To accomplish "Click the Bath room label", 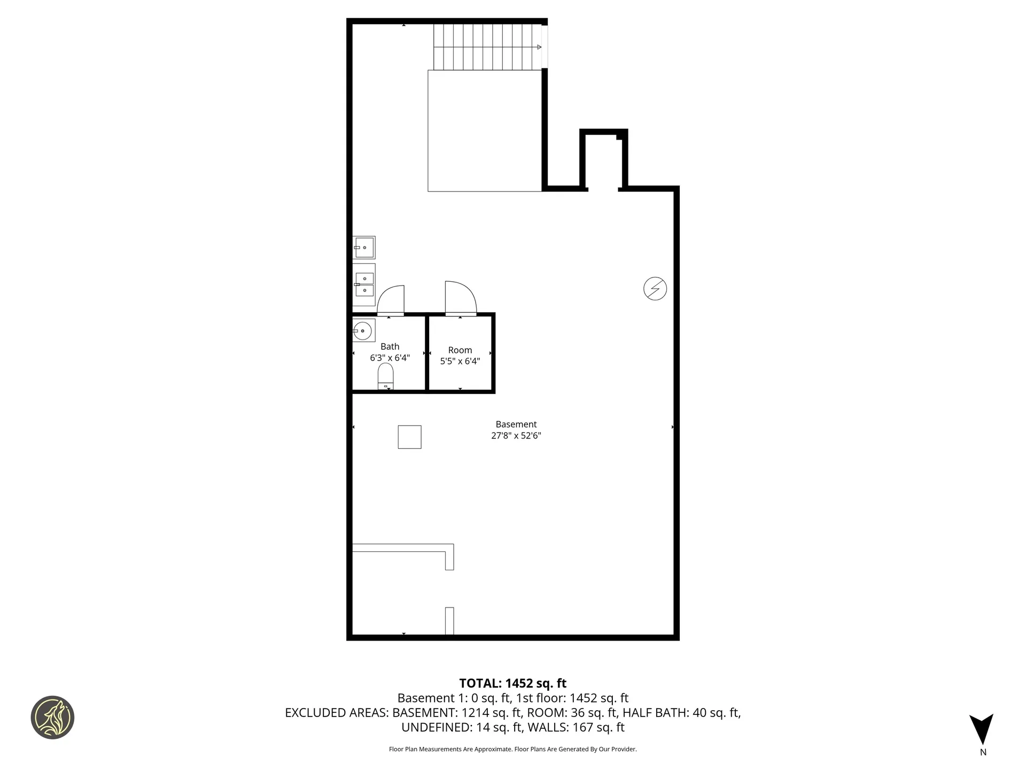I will (390, 346).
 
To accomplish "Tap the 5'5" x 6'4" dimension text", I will (460, 361).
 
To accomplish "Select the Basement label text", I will (516, 425).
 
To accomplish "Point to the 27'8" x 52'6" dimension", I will (516, 436).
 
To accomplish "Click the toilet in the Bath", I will (385, 376).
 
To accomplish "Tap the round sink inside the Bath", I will (363, 330).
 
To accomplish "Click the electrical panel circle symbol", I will (655, 289).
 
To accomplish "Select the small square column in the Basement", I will (409, 437).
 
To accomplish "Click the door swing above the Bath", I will (391, 300).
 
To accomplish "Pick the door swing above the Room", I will (460, 297).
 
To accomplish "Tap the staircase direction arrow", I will (539, 47).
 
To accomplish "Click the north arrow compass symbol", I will (981, 729).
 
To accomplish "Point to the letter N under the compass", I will (983, 752).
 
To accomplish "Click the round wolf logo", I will (52, 718).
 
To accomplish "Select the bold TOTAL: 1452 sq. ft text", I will (512, 683).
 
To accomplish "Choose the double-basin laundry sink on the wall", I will (364, 284).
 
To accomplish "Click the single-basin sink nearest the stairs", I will (364, 248).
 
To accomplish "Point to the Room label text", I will (460, 350).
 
